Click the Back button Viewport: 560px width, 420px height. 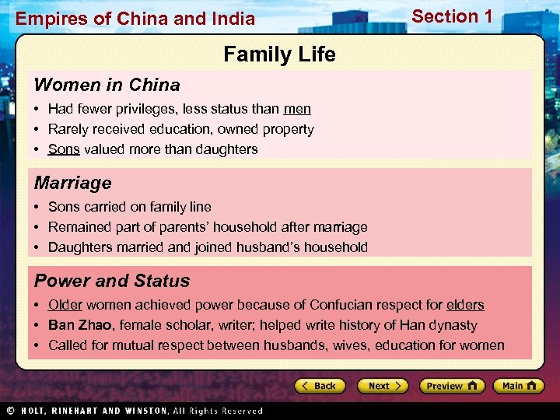point(319,386)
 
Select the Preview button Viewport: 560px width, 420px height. point(452,386)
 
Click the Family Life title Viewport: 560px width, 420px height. point(279,54)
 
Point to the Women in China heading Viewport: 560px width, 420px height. point(107,85)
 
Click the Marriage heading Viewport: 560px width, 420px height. point(72,183)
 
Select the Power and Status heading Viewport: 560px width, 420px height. point(111,281)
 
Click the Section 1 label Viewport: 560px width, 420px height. point(452,16)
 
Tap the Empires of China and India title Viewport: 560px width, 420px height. point(135,19)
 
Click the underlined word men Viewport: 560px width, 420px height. point(297,109)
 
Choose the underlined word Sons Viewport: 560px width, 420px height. point(64,149)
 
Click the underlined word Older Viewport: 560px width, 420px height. point(65,305)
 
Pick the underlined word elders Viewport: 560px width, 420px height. point(465,305)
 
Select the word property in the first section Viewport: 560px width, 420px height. point(288,129)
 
